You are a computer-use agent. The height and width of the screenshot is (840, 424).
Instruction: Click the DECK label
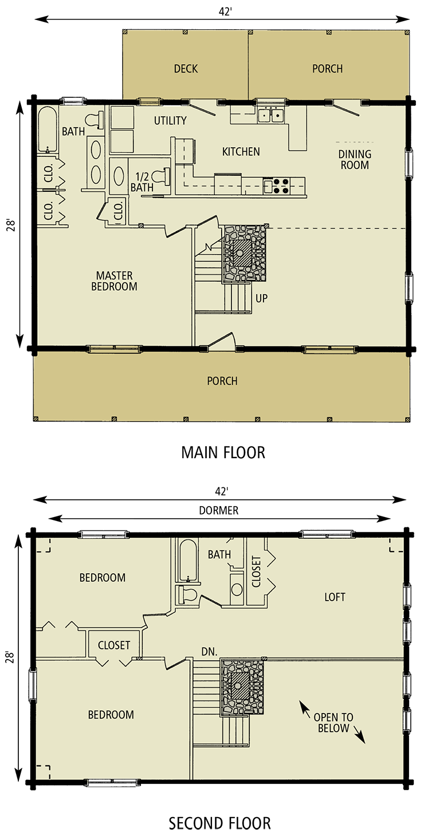coord(186,69)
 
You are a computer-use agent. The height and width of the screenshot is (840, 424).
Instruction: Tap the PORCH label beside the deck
coord(327,69)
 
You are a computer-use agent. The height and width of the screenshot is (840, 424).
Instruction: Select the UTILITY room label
coord(170,121)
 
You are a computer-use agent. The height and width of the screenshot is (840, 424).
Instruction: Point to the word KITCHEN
coord(241,152)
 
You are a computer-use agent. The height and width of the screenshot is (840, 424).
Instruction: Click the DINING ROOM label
coord(354,160)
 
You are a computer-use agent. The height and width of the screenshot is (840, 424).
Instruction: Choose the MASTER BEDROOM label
coord(114,281)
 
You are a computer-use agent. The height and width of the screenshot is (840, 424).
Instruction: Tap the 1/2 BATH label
coord(142,182)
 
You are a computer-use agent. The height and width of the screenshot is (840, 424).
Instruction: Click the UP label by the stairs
coord(261,298)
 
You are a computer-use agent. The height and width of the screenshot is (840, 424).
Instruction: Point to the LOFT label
coord(335,597)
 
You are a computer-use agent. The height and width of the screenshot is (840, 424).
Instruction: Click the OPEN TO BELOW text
coord(333,723)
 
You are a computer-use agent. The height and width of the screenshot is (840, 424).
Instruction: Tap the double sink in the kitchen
coord(270,116)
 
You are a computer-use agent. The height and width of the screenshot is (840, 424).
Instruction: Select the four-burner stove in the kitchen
coord(281,186)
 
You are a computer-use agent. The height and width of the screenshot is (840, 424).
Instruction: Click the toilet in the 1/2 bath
coord(164,175)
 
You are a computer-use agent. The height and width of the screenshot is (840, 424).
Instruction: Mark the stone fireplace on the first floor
coord(245,253)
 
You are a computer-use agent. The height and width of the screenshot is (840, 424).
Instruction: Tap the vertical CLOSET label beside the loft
coord(256,571)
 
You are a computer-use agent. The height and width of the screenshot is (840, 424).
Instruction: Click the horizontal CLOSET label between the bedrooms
coord(113,645)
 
